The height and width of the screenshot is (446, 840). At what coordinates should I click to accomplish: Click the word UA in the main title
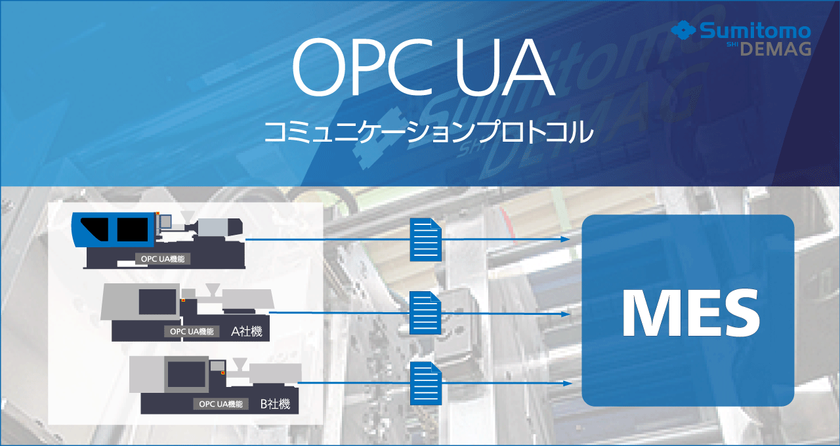505,68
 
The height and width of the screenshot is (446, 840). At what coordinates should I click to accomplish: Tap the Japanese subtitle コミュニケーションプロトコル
429,132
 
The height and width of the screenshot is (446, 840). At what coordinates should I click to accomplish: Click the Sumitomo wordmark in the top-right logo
755,30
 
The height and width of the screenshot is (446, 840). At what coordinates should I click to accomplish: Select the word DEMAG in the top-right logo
776,49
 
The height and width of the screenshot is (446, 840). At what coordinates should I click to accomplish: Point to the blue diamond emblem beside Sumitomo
684,30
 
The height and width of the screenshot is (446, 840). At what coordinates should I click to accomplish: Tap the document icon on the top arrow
426,239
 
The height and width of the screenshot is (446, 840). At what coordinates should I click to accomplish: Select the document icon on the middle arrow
426,313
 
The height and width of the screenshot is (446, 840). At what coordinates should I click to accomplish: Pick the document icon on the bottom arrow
426,383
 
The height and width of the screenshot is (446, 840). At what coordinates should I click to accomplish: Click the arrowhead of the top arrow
565,239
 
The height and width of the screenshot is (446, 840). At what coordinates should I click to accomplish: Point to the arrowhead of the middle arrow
565,314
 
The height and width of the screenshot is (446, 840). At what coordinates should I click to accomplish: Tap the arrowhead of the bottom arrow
567,383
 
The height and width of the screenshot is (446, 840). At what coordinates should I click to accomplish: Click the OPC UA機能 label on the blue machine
163,258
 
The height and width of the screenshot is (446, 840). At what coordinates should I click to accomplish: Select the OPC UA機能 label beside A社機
192,331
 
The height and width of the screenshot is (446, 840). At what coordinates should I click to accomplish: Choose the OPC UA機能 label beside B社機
221,403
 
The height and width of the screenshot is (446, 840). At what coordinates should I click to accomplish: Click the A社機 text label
246,331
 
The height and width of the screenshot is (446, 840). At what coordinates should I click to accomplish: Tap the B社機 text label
275,403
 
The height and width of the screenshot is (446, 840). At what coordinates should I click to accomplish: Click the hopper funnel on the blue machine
188,216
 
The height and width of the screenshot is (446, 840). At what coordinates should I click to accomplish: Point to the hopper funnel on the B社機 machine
240,363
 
